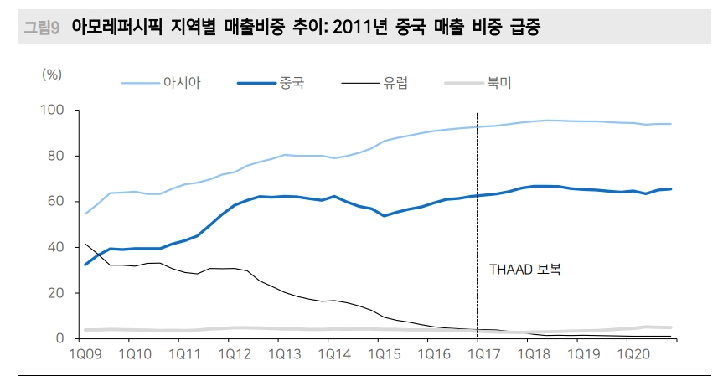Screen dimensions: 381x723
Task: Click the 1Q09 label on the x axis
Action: tap(87, 354)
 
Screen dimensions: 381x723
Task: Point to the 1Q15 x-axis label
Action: tap(380, 354)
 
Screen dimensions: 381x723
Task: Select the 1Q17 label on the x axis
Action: tap(477, 354)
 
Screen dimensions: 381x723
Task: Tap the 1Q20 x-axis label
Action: tap(623, 354)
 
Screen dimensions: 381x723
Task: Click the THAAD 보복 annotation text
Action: tap(525, 270)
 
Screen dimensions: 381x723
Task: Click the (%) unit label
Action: tap(52, 74)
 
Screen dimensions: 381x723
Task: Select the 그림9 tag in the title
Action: tap(41, 28)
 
